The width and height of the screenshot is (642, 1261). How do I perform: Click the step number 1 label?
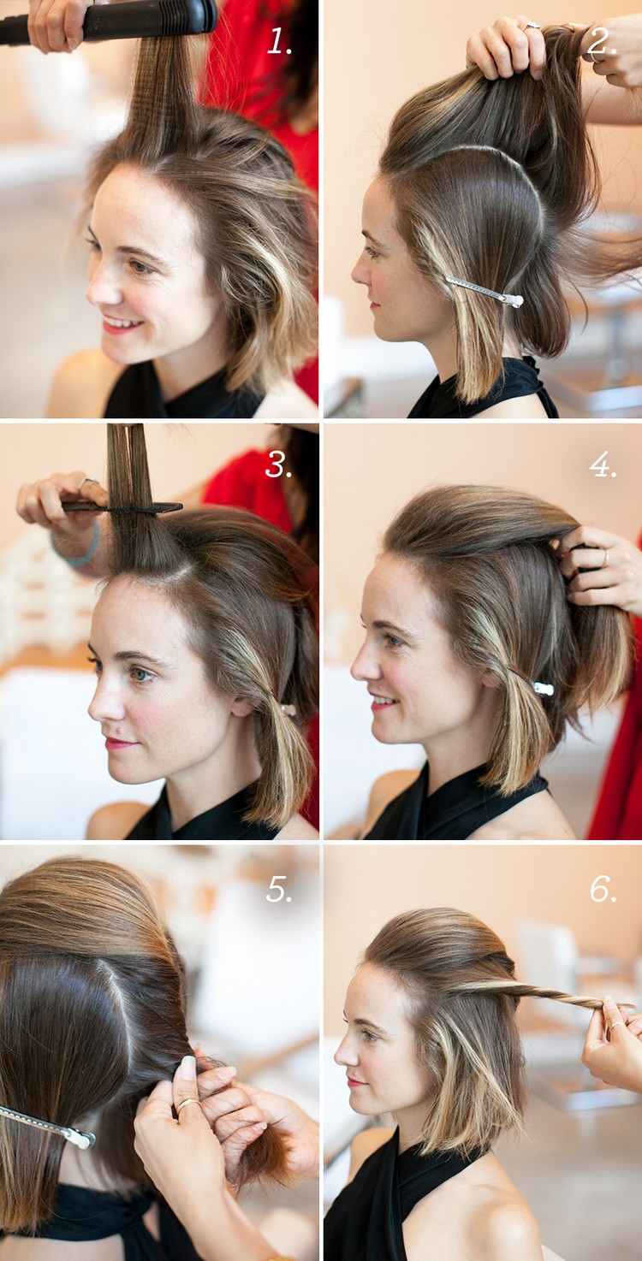tap(279, 41)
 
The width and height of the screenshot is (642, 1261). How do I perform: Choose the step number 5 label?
tap(279, 889)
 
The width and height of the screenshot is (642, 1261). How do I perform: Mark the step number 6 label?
tap(603, 889)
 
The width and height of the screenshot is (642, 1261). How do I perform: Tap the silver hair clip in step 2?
tap(484, 292)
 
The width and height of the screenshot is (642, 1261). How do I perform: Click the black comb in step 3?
tap(121, 507)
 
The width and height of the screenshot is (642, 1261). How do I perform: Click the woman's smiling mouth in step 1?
tap(122, 323)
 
